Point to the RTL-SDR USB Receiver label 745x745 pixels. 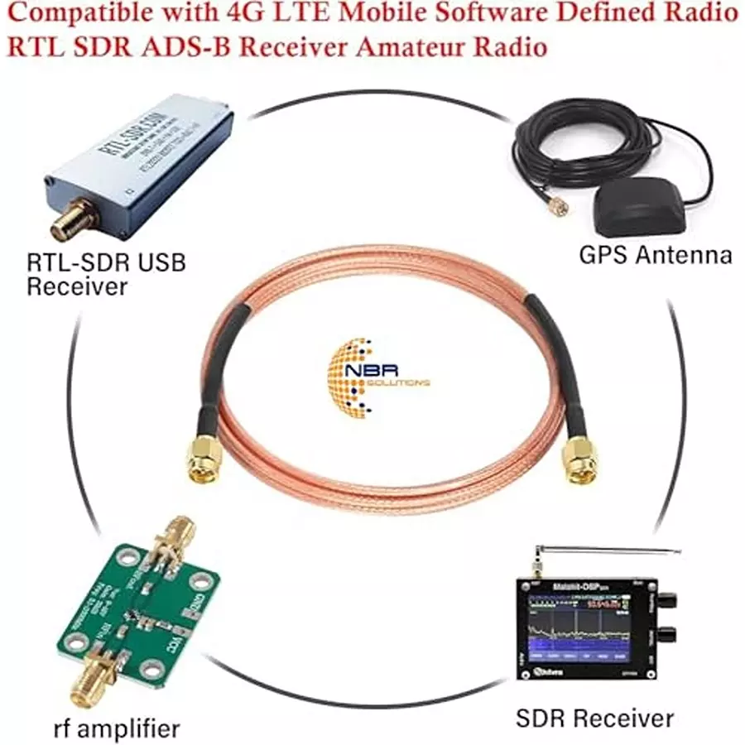tap(105, 275)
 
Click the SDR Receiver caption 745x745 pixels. tap(595, 717)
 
